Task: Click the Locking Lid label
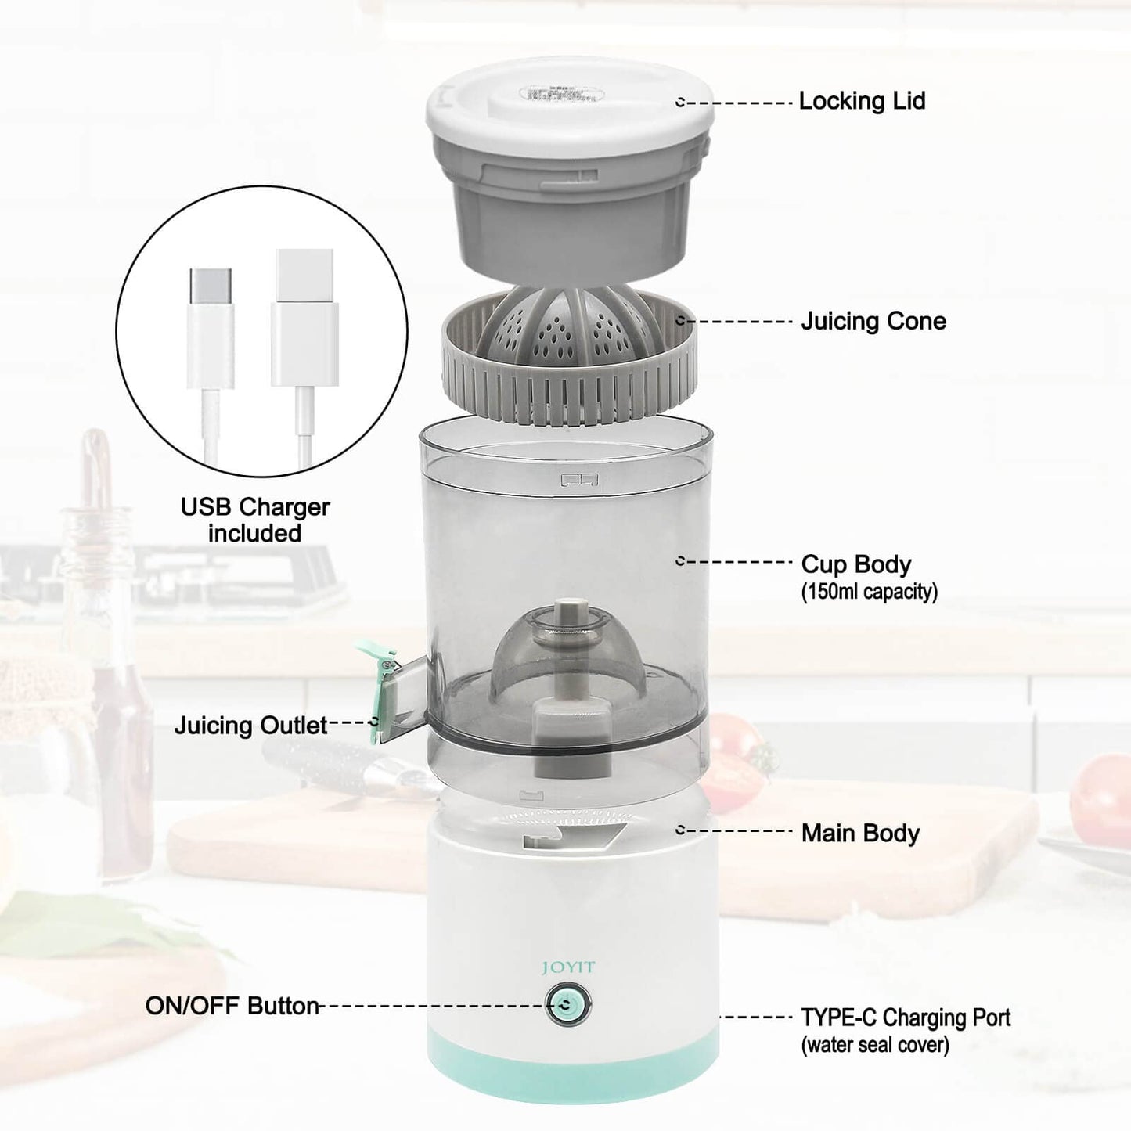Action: (862, 101)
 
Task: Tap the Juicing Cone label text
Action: (873, 321)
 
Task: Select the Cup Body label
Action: (855, 564)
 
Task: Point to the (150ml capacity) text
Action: (869, 592)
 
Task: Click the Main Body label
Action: (859, 833)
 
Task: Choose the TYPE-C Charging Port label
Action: (905, 1018)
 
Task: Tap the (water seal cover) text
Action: (874, 1045)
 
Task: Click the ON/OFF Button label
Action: (232, 1006)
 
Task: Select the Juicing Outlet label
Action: (250, 726)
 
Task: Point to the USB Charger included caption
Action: (255, 520)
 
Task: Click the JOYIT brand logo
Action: (568, 967)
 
